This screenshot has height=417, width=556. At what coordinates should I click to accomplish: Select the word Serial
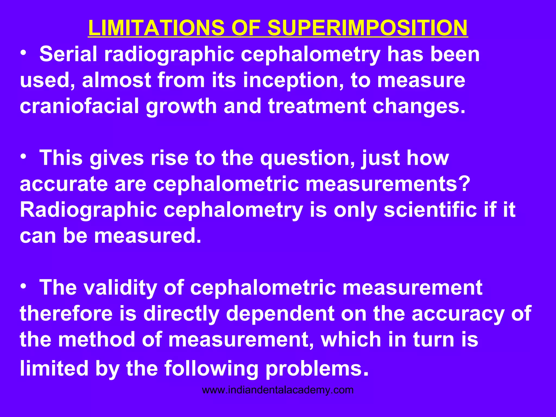pyautogui.click(x=68, y=54)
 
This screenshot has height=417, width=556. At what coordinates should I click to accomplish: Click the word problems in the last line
pyautogui.click(x=317, y=369)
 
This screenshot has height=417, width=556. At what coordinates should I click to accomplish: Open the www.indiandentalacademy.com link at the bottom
pyautogui.click(x=278, y=390)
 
